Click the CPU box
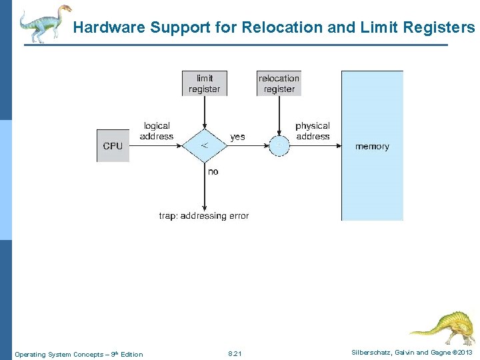coord(113,145)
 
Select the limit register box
coord(204,83)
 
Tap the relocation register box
coord(279,83)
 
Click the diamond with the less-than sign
coord(204,145)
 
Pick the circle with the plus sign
coord(279,145)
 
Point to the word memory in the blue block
coord(372,146)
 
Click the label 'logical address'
coord(157,131)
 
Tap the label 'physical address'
coord(312,131)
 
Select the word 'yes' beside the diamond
coord(237,137)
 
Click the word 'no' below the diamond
coord(213,171)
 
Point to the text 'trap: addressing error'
coord(204,215)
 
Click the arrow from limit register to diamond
coord(204,110)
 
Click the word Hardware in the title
coord(109,27)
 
